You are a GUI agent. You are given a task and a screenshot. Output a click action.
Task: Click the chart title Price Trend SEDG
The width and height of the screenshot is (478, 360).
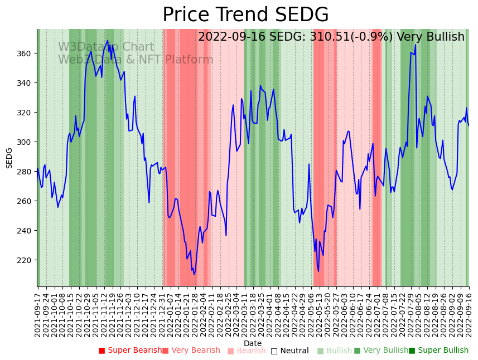coord(245,15)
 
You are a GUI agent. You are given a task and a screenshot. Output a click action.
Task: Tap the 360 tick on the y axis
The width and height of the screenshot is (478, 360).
coord(24,53)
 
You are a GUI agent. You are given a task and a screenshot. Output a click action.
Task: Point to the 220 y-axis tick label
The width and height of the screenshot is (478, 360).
coord(24,260)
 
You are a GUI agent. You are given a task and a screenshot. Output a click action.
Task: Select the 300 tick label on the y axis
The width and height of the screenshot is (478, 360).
coord(24,142)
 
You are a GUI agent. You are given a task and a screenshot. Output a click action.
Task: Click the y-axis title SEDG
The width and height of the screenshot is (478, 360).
coord(9,158)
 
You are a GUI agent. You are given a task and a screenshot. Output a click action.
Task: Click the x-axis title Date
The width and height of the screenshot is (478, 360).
coord(253,344)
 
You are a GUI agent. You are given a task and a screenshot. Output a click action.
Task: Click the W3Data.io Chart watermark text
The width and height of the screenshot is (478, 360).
coord(106,47)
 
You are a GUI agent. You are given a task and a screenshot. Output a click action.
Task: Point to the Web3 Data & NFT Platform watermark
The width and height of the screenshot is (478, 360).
coord(136,60)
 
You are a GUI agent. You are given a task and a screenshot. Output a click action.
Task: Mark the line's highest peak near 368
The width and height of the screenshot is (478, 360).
coord(108,40)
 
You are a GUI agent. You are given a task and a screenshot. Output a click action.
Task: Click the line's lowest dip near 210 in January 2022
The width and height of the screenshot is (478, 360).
coord(194,274)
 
